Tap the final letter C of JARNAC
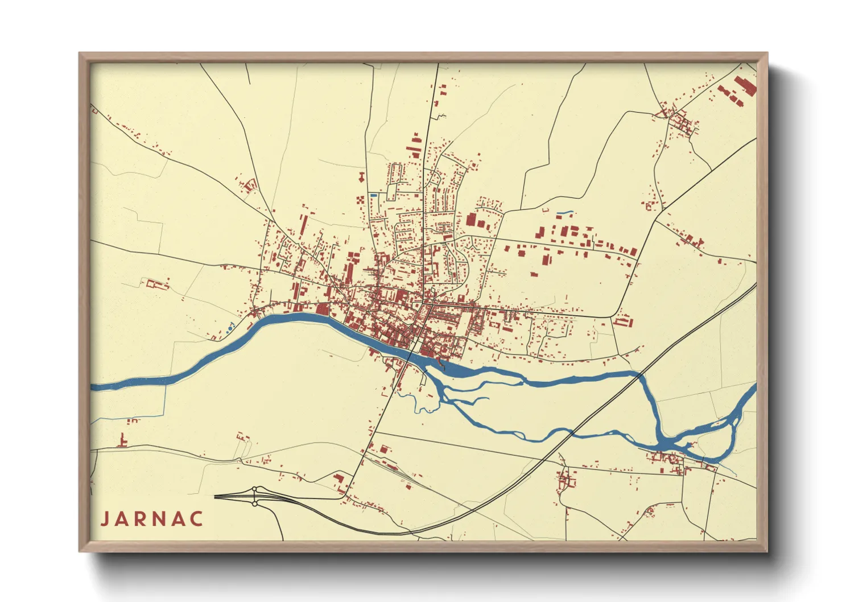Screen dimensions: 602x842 coord(197,519)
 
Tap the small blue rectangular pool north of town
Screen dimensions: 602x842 coord(374,195)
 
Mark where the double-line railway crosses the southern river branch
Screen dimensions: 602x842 coord(571,434)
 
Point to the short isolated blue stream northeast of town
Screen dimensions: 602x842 coord(564,213)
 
